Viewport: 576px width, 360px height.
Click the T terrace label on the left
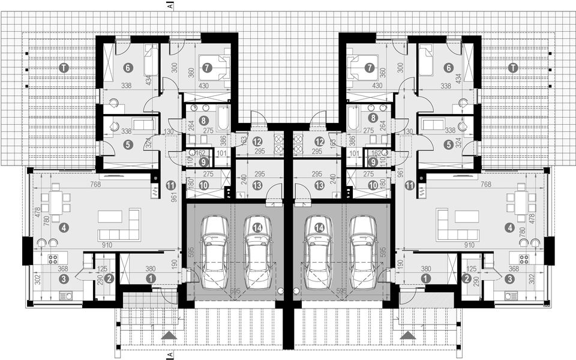(64, 68)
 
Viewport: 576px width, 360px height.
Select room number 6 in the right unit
(448, 68)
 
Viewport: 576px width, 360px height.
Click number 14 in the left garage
(257, 227)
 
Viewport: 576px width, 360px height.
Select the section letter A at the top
(171, 5)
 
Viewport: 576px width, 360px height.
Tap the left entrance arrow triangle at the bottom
(170, 335)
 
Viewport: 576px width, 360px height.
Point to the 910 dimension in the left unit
(107, 245)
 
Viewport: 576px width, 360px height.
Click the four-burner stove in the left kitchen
(53, 260)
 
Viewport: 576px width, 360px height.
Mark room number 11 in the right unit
(410, 186)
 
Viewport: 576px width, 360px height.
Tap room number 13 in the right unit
(319, 186)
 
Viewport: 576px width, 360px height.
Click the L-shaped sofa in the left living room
(120, 227)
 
